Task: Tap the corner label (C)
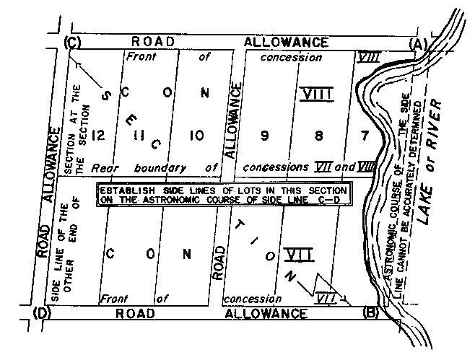point(72,43)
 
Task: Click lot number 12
point(100,135)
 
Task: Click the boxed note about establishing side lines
point(224,194)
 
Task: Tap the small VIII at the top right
point(369,56)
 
